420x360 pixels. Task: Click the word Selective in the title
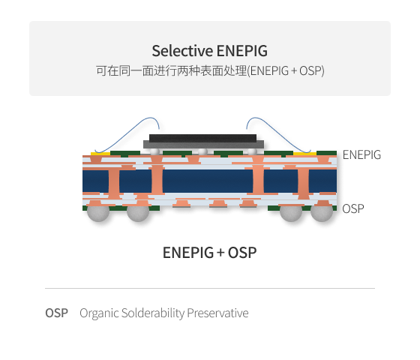182,51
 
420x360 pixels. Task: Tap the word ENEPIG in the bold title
241,51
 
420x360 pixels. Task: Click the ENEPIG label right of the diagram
361,154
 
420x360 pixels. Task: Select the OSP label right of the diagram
353,208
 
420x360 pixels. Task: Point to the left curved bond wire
126,134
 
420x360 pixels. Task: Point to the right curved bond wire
277,134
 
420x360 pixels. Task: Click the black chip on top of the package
202,138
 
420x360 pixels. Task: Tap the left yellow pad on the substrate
100,154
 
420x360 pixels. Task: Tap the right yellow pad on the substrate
304,154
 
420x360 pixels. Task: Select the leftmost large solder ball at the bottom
98,213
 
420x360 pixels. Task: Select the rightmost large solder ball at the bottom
322,213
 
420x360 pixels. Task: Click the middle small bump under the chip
202,151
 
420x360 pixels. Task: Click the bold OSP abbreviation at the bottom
56,313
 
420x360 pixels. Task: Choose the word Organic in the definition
99,313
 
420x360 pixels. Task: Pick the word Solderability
153,313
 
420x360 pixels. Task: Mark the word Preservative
217,313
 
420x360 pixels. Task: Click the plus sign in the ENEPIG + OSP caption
220,253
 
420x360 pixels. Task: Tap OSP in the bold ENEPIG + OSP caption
242,253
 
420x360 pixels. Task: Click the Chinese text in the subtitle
172,70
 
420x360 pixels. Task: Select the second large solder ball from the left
138,213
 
